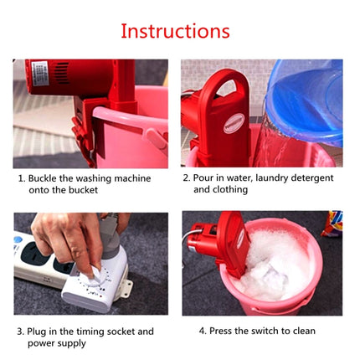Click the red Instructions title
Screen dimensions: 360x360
(x=175, y=31)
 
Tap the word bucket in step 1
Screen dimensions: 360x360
(x=84, y=191)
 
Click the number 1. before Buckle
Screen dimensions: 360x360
(x=21, y=178)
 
